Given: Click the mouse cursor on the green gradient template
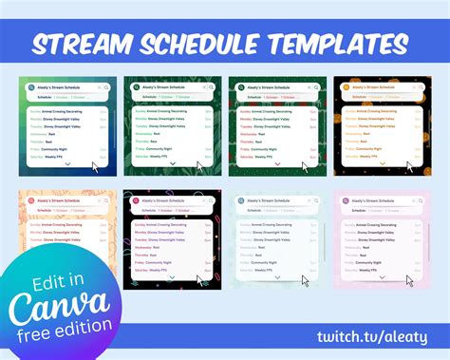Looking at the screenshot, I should coord(95,166).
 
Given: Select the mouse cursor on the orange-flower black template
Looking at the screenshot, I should coord(409,166).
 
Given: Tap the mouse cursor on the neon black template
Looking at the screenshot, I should coord(200,280).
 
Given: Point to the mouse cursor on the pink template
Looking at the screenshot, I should coord(410,280).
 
